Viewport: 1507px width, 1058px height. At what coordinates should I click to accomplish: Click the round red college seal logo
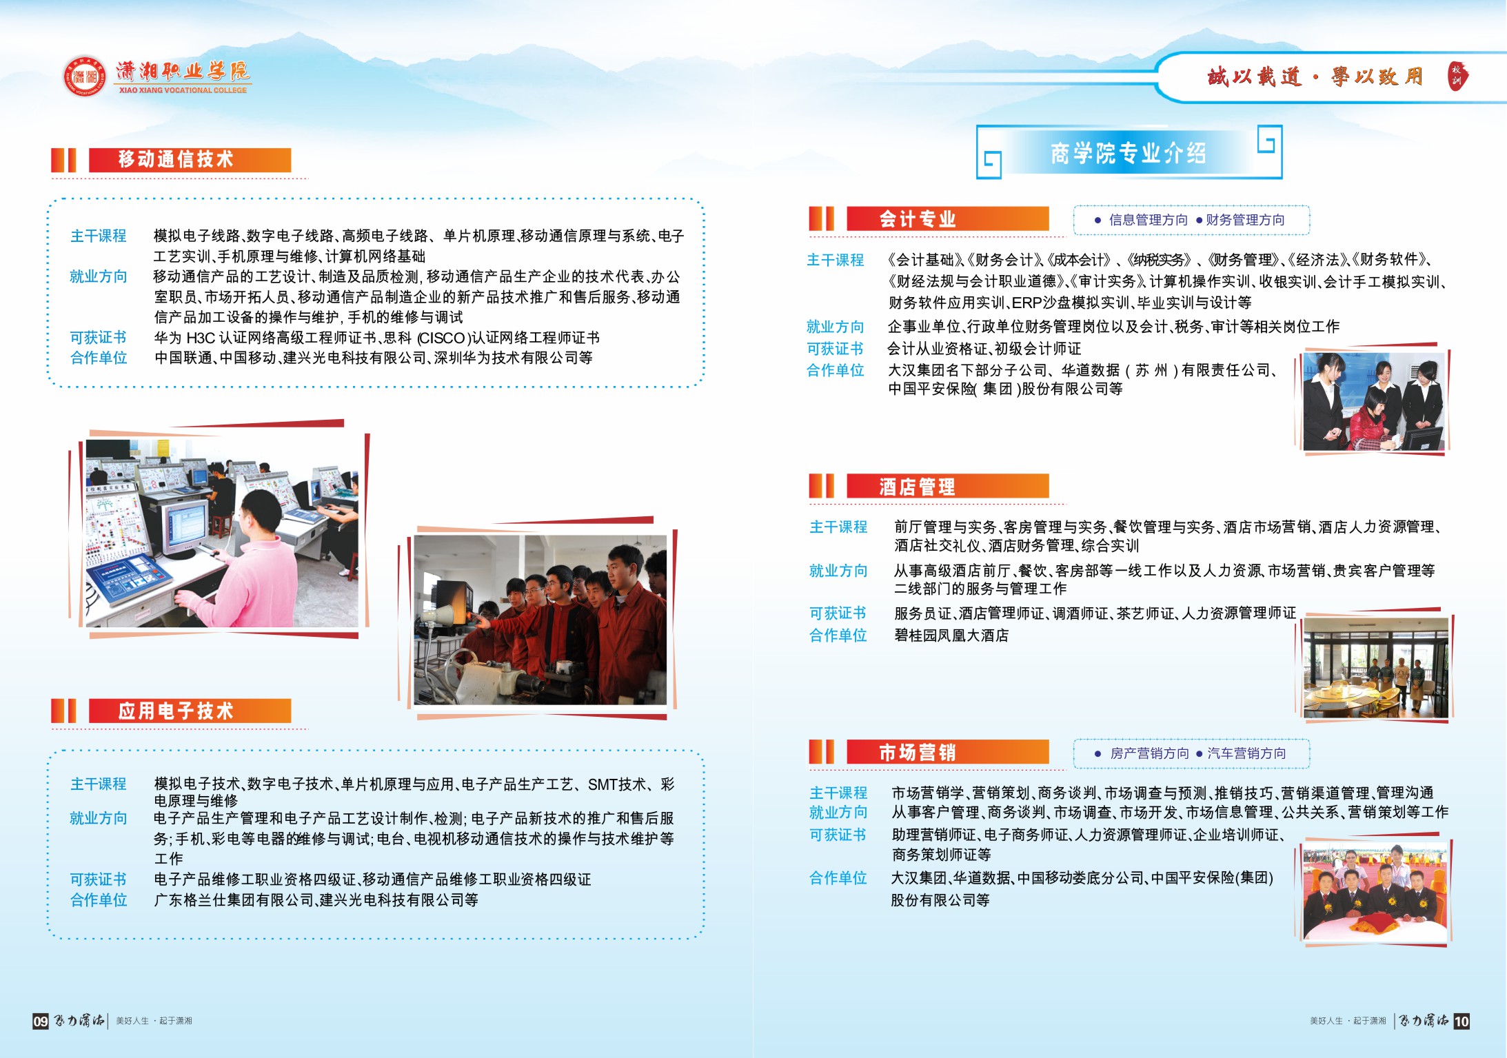pos(85,76)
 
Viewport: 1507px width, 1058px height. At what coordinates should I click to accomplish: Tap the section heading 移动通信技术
pos(176,159)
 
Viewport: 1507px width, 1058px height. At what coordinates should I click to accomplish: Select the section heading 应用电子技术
pos(176,711)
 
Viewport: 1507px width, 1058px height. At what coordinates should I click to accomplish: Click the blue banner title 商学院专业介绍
pos(1129,152)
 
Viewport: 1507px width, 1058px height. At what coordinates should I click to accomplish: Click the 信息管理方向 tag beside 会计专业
pos(1149,220)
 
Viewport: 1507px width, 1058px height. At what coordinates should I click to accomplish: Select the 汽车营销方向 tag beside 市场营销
pos(1246,753)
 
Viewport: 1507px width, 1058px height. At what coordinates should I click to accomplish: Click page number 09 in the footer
pos(41,1021)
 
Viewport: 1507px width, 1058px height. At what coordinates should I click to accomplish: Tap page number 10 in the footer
pos(1462,1021)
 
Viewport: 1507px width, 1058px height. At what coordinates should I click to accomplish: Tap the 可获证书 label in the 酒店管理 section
pos(838,613)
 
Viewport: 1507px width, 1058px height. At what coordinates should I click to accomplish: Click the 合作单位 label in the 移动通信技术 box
pos(99,358)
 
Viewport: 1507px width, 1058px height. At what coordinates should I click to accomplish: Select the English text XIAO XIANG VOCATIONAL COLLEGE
pos(183,90)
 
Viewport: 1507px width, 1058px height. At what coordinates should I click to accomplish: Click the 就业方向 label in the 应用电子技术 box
pos(99,818)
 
